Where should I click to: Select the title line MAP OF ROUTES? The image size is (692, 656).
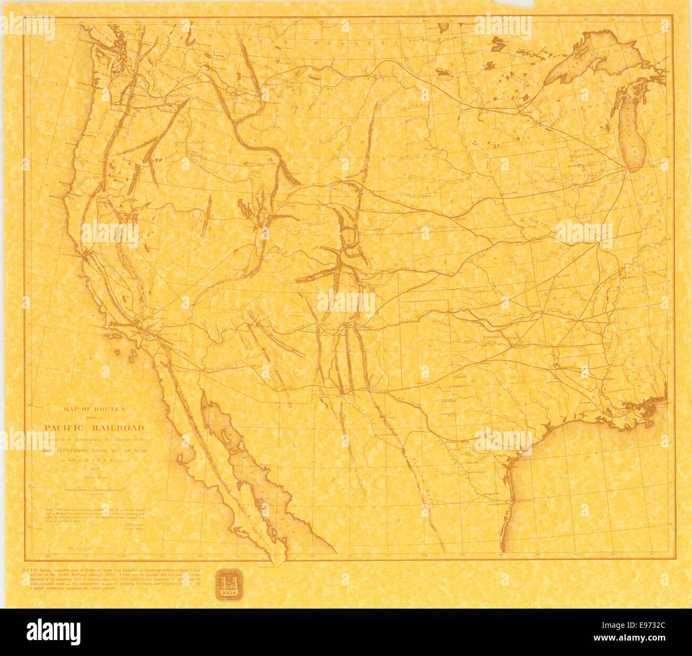[x=94, y=409]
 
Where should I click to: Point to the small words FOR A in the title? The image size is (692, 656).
[x=94, y=418]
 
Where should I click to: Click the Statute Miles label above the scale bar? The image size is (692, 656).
[x=94, y=479]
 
